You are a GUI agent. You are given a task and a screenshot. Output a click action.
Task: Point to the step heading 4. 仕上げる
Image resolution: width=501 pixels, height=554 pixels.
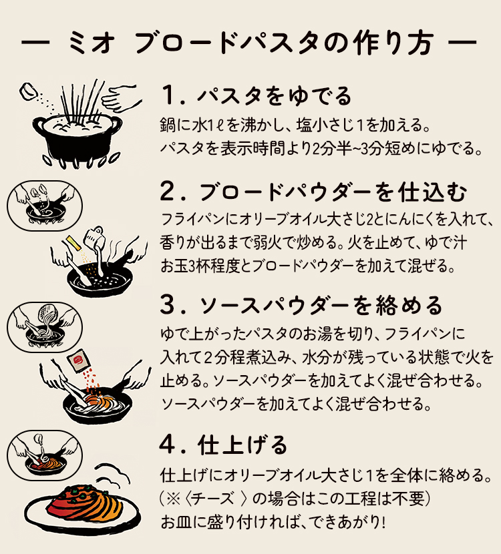click(224, 444)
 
